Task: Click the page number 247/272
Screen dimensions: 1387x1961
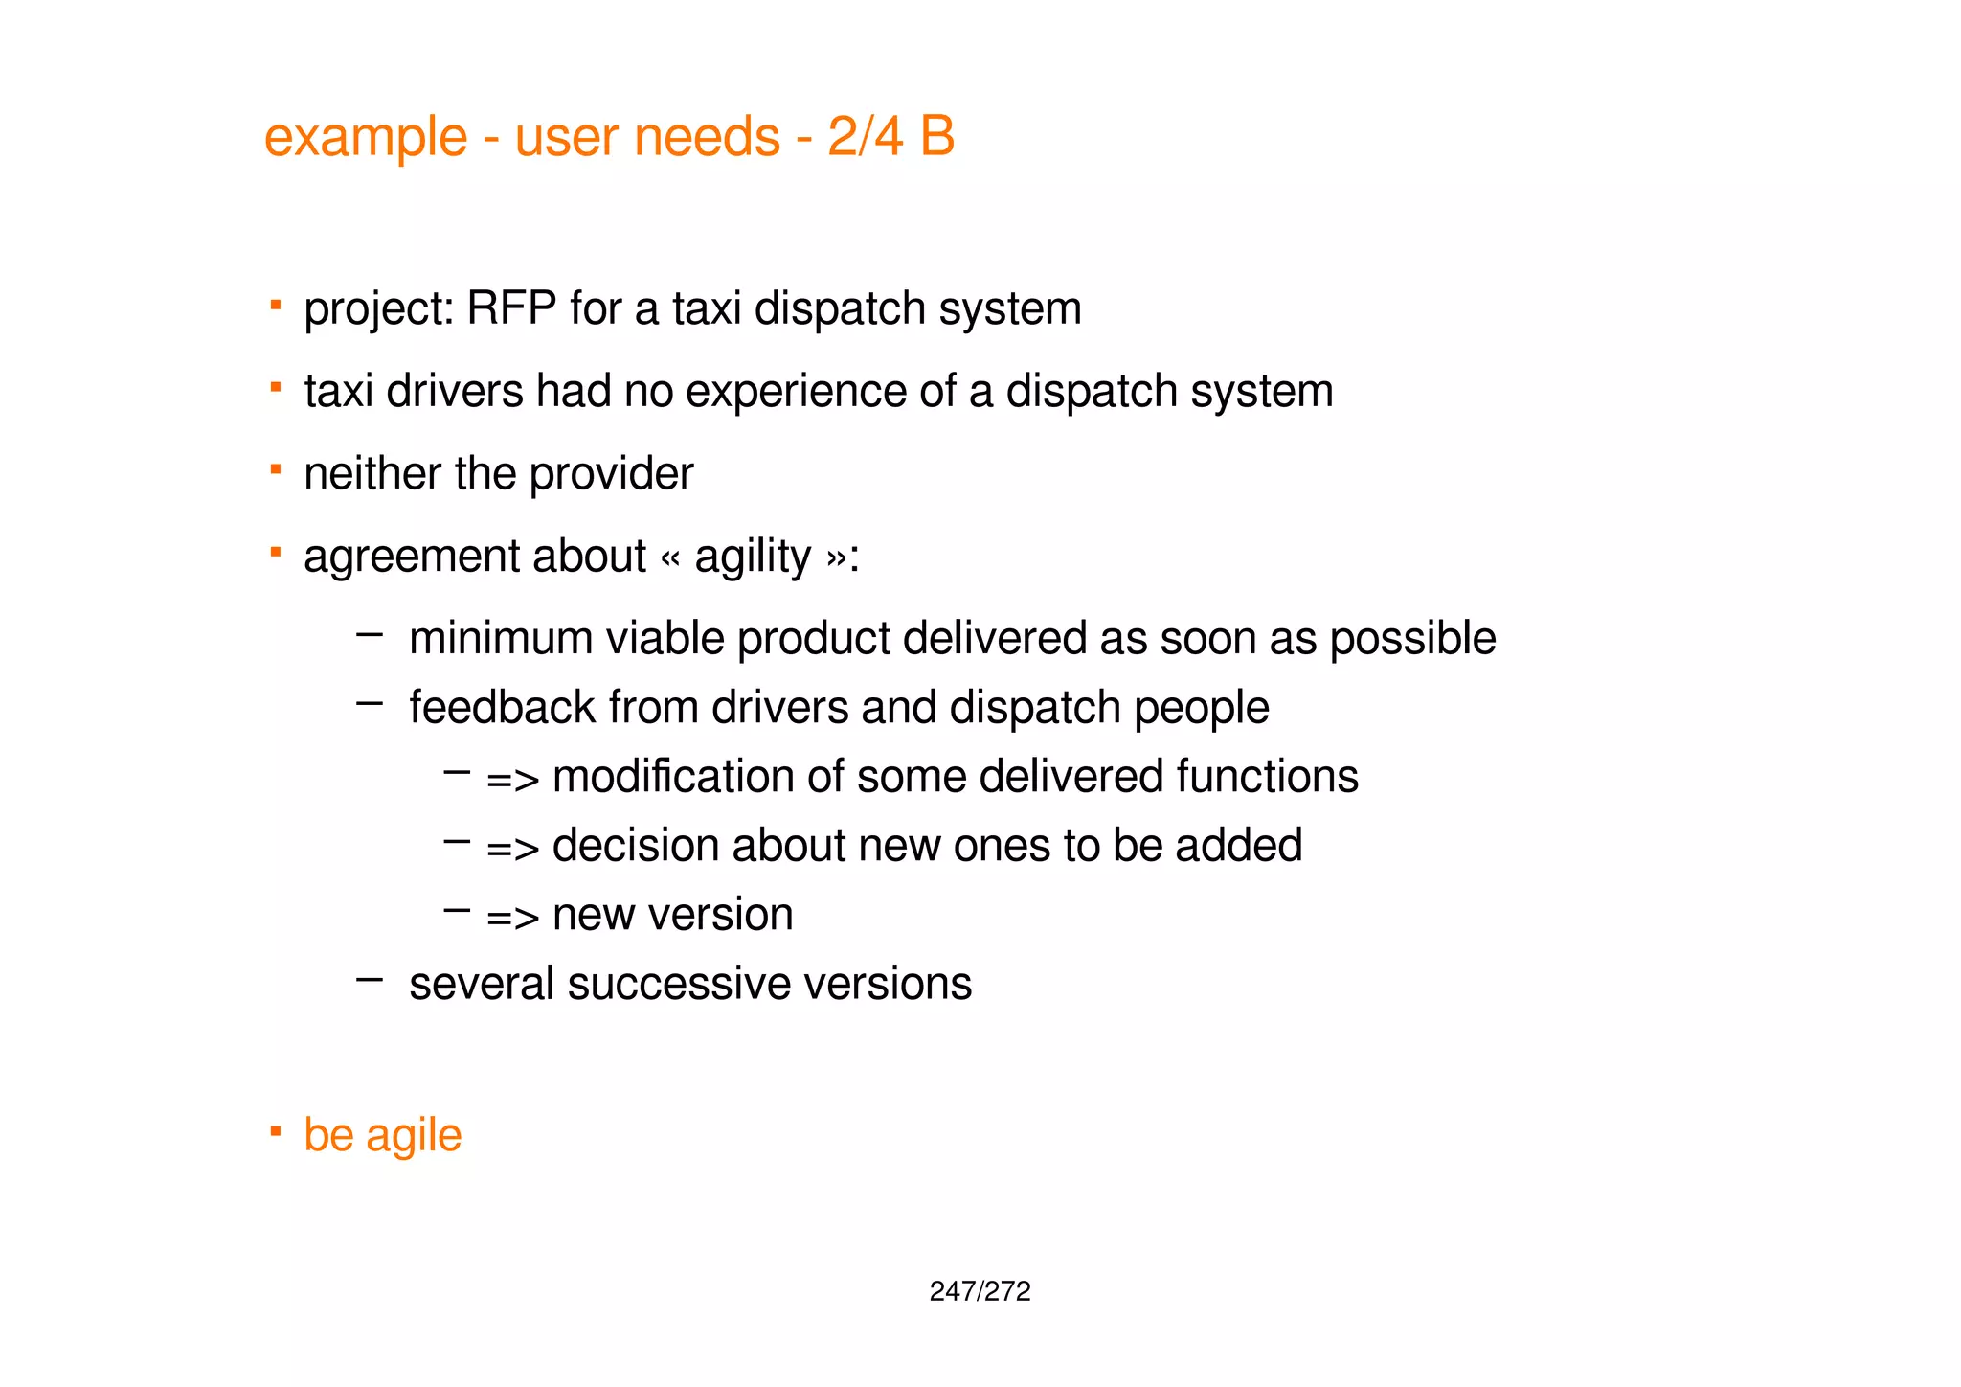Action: click(x=980, y=1291)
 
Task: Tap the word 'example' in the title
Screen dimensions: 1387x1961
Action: click(x=366, y=137)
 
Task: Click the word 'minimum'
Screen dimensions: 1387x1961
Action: click(x=501, y=639)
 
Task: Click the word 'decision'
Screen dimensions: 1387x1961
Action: click(x=636, y=846)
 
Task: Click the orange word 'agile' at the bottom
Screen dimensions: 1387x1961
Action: click(x=414, y=1136)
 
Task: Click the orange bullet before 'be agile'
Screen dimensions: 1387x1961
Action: click(x=276, y=1132)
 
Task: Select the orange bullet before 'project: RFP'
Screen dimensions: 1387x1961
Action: click(x=276, y=306)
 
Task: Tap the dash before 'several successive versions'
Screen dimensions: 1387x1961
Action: click(x=370, y=980)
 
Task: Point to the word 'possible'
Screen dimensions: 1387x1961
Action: click(x=1412, y=639)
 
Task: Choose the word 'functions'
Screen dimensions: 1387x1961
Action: click(x=1267, y=777)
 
